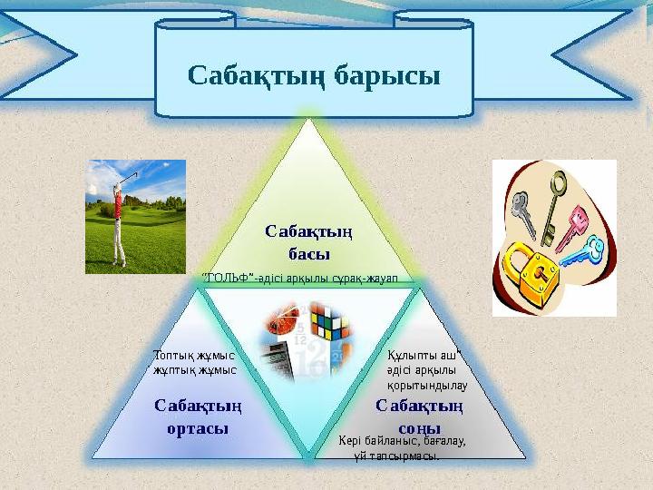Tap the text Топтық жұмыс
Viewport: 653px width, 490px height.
(x=194, y=355)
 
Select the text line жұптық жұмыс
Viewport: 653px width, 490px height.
(x=195, y=369)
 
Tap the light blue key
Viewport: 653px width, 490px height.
(x=584, y=251)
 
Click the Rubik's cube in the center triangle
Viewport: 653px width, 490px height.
(x=327, y=323)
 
